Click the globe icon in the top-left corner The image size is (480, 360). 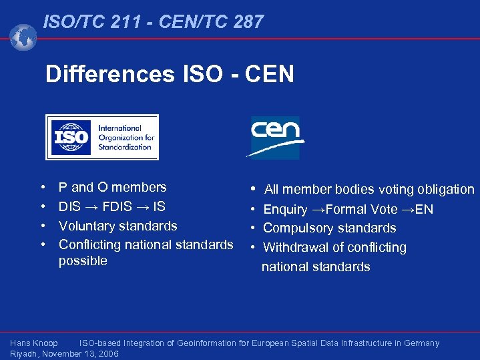pyautogui.click(x=23, y=37)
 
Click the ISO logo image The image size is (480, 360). pyautogui.click(x=102, y=138)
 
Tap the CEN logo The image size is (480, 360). pyautogui.click(x=275, y=137)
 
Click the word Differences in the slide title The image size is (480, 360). pyautogui.click(x=109, y=74)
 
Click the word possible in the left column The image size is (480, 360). pyautogui.click(x=83, y=260)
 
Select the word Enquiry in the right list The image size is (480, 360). pyautogui.click(x=286, y=210)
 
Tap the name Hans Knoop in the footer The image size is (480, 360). pyautogui.click(x=34, y=343)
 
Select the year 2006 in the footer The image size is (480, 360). pyautogui.click(x=107, y=354)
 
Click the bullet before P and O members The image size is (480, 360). pyautogui.click(x=42, y=188)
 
